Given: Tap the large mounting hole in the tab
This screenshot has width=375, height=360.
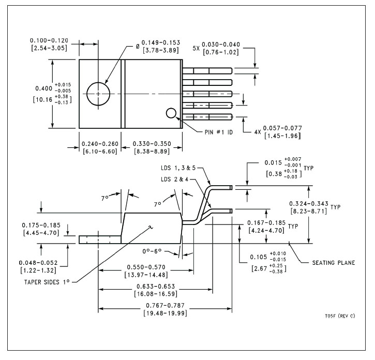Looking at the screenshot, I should tap(98, 94).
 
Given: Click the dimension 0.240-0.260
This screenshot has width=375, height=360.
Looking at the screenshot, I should tap(100, 143).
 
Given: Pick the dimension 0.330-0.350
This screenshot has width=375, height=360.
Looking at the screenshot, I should tap(154, 143).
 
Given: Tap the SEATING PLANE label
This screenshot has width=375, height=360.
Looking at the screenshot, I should tap(333, 262).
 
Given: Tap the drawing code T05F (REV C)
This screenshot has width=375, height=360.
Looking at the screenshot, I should tap(339, 316).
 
